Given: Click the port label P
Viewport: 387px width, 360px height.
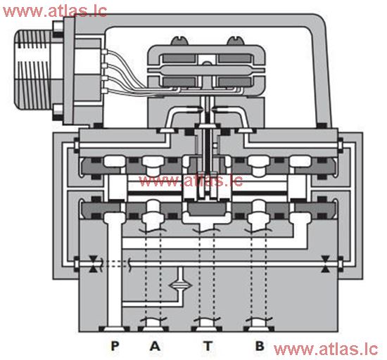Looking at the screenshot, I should (x=112, y=345).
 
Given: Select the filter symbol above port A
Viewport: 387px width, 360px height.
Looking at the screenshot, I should (x=181, y=286).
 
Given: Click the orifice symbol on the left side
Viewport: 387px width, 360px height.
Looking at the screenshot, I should (x=94, y=265).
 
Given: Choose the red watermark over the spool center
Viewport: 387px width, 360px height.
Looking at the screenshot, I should (x=191, y=181).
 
